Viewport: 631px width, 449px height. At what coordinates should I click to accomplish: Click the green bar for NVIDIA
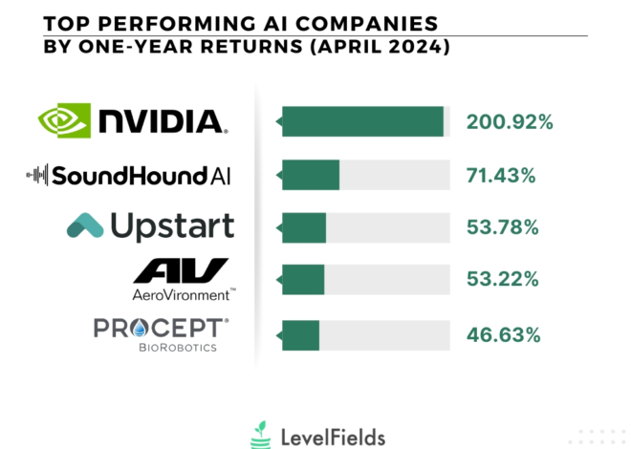[362, 121]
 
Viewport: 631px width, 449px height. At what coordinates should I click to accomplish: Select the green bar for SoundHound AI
[310, 175]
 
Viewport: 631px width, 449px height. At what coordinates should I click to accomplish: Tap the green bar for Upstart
[303, 227]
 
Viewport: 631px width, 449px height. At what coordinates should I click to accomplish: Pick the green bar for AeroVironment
[302, 280]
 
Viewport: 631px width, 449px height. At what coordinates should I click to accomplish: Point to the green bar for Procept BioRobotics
[299, 334]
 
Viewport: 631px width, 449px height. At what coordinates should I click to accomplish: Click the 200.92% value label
[510, 122]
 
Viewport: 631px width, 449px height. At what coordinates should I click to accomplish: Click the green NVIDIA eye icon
[65, 120]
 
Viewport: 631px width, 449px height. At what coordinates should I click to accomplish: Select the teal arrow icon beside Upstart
[85, 225]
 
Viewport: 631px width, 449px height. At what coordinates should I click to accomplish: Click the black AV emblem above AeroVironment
[181, 270]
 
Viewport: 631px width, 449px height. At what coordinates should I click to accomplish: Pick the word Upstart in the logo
[172, 226]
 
